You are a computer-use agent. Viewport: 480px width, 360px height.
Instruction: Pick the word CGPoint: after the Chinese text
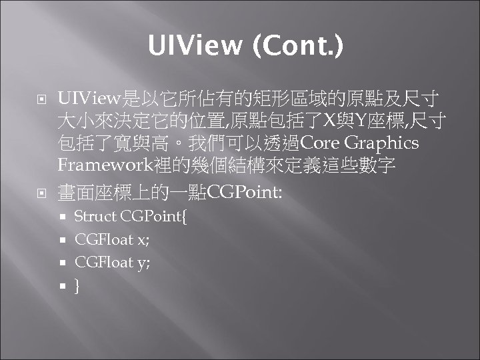pyautogui.click(x=245, y=193)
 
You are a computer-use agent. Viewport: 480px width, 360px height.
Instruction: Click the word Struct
pyautogui.click(x=95, y=217)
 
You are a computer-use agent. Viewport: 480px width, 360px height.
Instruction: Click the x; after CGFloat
pyautogui.click(x=143, y=240)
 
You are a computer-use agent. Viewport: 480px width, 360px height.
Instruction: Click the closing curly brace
pyautogui.click(x=77, y=285)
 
